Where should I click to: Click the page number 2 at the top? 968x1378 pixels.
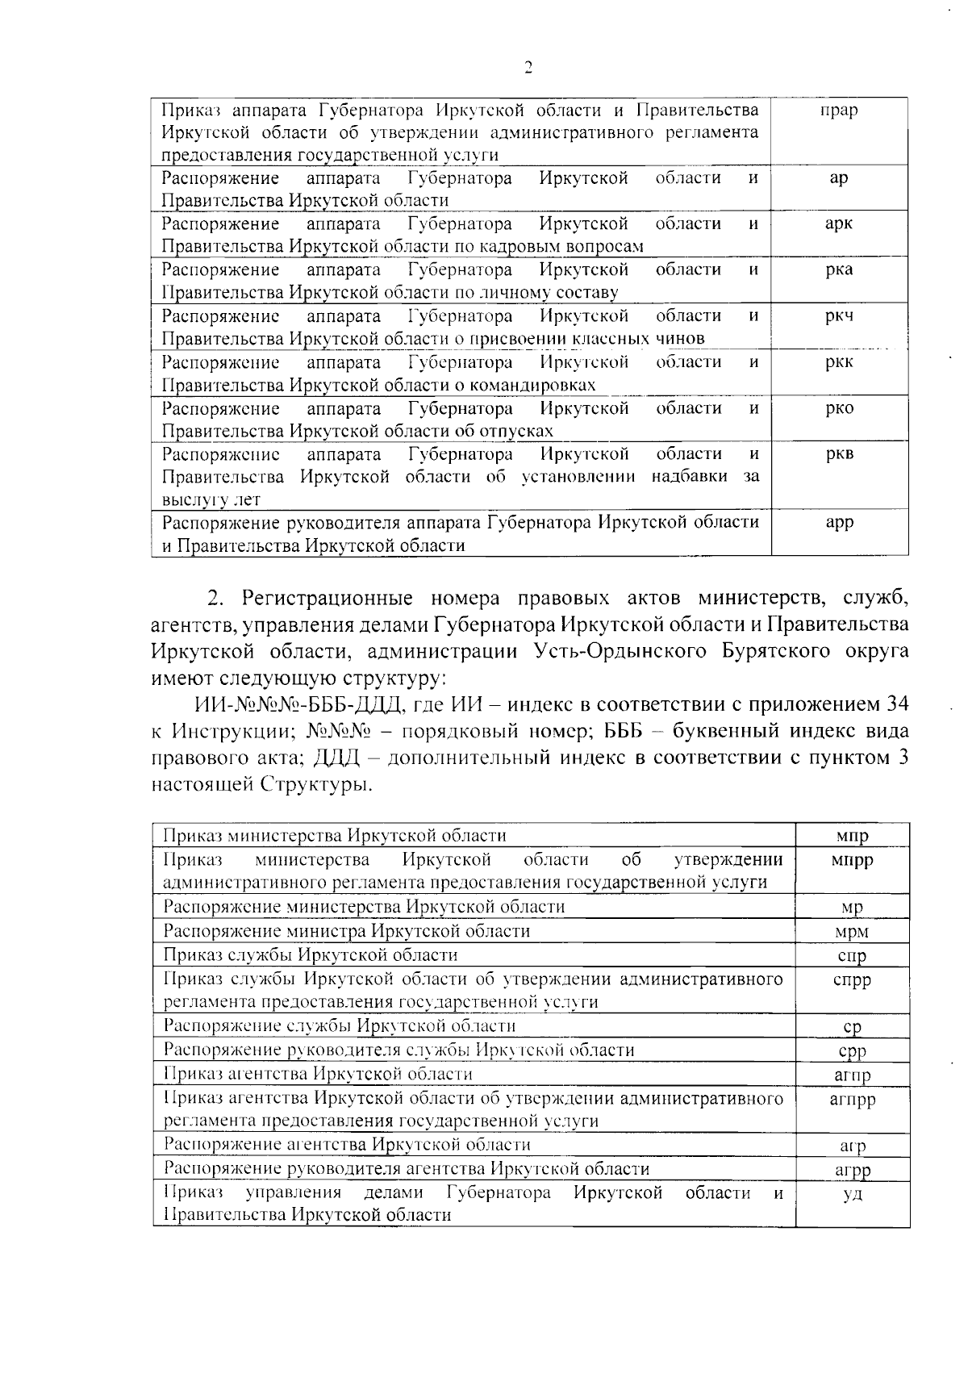pyautogui.click(x=528, y=68)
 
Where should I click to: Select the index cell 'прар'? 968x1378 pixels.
pyautogui.click(x=838, y=110)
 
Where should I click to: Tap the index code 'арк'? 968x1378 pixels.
pyautogui.click(x=838, y=224)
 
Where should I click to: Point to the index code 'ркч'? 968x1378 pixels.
pyautogui.click(x=839, y=316)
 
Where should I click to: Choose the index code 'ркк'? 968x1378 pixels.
pyautogui.click(x=839, y=362)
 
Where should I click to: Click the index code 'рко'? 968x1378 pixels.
pyautogui.click(x=839, y=408)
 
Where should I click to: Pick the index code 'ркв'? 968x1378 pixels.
pyautogui.click(x=839, y=454)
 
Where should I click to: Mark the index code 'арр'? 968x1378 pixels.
pyautogui.click(x=839, y=523)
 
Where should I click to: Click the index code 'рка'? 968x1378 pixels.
pyautogui.click(x=839, y=270)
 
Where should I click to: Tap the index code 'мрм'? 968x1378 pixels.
pyautogui.click(x=852, y=932)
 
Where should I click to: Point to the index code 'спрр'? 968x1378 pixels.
pyautogui.click(x=852, y=981)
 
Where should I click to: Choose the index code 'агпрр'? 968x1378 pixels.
pyautogui.click(x=852, y=1100)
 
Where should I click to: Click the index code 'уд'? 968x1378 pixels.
pyautogui.click(x=853, y=1194)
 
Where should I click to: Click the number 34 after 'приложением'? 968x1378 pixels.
pyautogui.click(x=898, y=704)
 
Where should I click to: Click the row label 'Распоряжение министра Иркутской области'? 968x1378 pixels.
pyautogui.click(x=347, y=931)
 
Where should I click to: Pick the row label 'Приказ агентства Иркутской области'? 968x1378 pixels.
pyautogui.click(x=318, y=1074)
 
